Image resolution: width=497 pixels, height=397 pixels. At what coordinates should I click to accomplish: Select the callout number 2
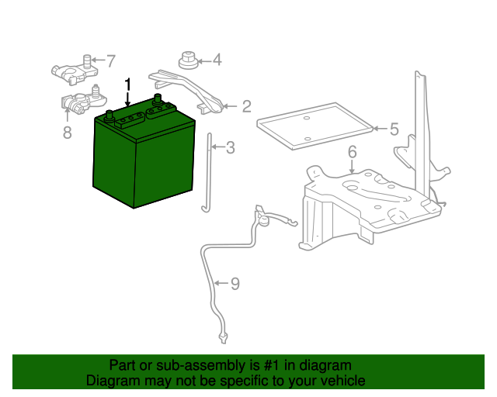coord(247,106)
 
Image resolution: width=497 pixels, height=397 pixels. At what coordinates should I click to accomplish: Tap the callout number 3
coord(230,147)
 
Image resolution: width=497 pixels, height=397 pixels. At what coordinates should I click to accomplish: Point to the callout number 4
coord(217,60)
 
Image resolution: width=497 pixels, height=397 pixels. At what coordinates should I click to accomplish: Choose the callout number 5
coord(394,129)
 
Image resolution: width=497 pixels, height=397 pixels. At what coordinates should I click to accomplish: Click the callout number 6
coord(352,152)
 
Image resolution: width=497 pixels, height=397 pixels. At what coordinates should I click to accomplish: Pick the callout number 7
coord(110,60)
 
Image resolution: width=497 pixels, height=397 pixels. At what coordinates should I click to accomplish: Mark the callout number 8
coord(68,132)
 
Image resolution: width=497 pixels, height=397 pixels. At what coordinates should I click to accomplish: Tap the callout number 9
coord(235,284)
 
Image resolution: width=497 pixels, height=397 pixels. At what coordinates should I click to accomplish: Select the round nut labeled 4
coord(188,60)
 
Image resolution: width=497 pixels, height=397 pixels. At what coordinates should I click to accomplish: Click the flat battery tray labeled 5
coord(315,126)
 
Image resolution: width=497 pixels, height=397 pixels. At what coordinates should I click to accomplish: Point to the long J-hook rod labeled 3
coord(209,173)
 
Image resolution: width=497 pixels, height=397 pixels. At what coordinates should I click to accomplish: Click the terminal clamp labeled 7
coord(75,71)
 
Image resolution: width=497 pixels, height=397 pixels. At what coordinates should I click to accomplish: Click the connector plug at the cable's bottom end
coord(223,338)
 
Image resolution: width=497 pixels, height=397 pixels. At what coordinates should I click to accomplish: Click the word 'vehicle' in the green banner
coord(342,381)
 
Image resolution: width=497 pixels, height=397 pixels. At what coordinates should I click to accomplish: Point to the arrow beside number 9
coord(221,283)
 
